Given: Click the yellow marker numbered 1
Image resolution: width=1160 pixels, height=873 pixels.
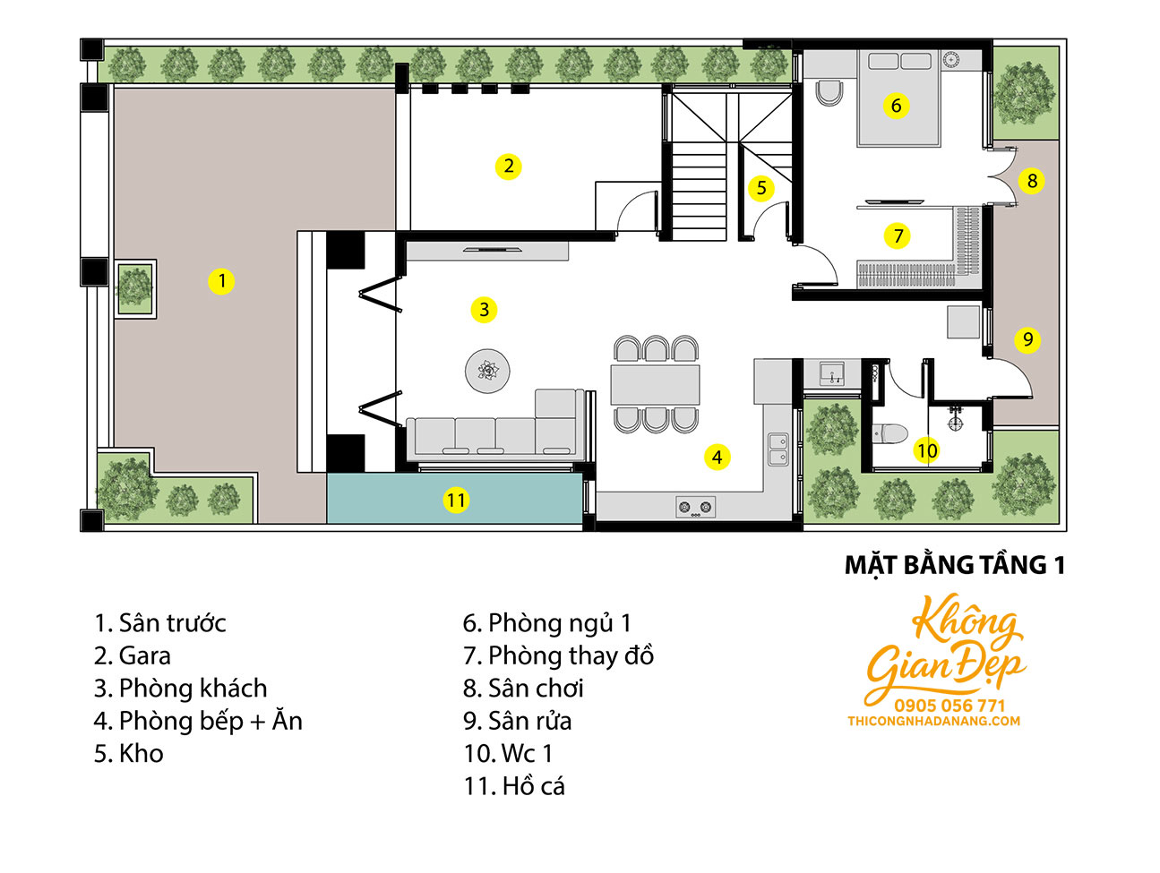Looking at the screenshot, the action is pos(221,281).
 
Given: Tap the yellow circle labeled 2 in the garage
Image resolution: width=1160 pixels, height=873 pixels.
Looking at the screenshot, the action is pos(509,167).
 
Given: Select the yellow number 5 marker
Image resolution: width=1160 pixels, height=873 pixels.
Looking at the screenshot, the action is pos(761,187).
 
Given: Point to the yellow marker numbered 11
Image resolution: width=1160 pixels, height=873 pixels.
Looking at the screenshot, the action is pos(456,501).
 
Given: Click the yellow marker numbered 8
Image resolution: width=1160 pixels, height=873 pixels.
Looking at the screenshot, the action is pos(1032,181).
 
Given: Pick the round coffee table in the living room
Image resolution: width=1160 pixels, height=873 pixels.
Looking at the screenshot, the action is pos(487,371).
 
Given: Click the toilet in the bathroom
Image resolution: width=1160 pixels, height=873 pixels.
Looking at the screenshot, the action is pos(889,433).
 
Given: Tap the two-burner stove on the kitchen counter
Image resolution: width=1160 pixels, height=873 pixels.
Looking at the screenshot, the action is pos(695,507).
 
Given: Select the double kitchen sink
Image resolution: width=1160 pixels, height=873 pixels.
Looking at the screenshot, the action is pos(778,449).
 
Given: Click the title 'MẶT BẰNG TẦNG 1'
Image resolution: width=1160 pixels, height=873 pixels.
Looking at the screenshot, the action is pos(954,565).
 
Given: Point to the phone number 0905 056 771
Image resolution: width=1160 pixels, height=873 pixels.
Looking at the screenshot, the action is pos(949,706).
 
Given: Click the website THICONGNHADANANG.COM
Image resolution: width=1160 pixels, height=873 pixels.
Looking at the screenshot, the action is pos(933,722).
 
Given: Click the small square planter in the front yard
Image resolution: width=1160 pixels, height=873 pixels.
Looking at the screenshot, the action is pos(135,288).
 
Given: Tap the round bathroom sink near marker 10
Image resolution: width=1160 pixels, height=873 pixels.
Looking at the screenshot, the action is pos(954,422).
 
